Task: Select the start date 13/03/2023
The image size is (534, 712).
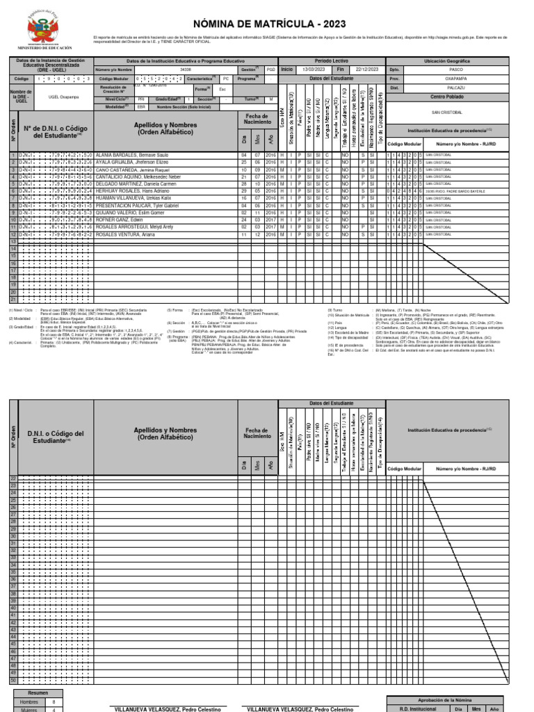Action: click(x=313, y=70)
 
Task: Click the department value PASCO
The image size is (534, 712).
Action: click(x=455, y=70)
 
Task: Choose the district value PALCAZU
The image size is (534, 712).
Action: click(x=455, y=88)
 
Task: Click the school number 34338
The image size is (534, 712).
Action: click(x=185, y=70)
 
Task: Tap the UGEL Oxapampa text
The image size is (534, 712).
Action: click(x=63, y=98)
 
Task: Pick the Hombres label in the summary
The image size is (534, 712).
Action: click(x=30, y=703)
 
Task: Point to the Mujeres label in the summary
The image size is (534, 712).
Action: click(x=30, y=710)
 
